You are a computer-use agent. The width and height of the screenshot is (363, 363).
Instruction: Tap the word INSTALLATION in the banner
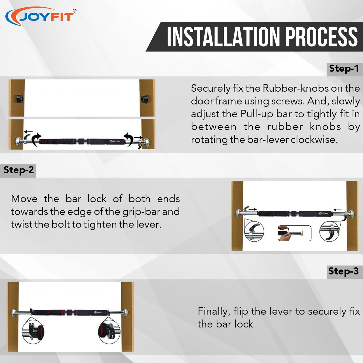pos(223,37)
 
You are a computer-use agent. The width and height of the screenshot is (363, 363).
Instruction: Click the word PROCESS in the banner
pos(321,37)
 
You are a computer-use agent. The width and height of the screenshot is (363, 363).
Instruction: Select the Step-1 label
pos(344,68)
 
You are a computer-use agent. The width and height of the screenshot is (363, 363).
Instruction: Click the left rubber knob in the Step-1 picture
pos(20,99)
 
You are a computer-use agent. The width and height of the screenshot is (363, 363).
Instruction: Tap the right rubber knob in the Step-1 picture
pos(145,99)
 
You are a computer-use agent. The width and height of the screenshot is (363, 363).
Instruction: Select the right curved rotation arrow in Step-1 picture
pos(128,139)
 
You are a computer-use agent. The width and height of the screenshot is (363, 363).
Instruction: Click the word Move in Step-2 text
pos(24,199)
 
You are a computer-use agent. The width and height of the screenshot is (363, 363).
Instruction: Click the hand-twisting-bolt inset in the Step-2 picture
pos(295,233)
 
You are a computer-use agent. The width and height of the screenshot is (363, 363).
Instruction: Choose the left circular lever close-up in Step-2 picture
pos(254,231)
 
